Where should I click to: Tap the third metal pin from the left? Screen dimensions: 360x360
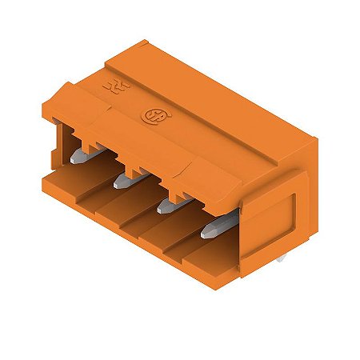[x=167, y=206]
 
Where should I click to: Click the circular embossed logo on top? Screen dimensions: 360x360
[x=150, y=118]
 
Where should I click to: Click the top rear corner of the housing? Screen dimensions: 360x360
[x=144, y=40]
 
